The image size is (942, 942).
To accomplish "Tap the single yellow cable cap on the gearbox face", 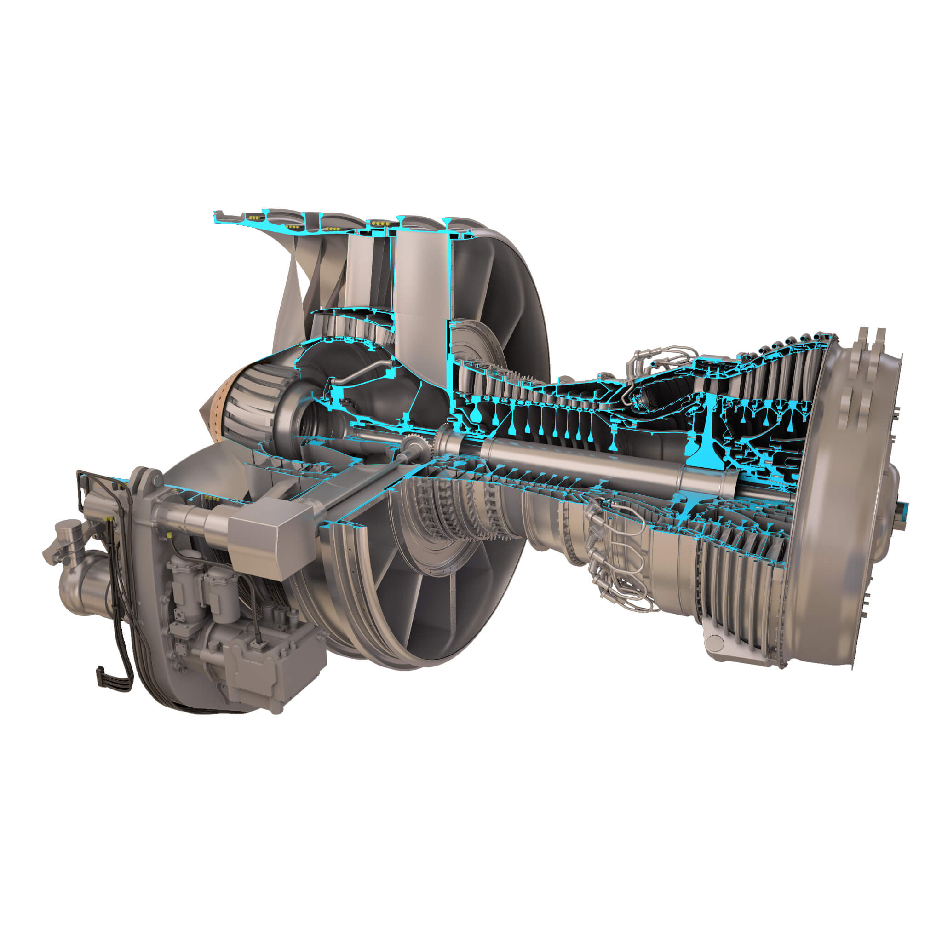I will click(x=169, y=535).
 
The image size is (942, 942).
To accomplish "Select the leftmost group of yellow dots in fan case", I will click(x=253, y=216).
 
